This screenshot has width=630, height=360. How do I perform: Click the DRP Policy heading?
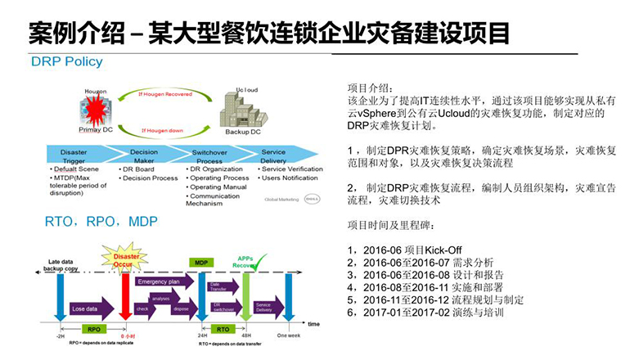point(67,62)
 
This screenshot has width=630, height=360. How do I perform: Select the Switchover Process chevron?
point(214,157)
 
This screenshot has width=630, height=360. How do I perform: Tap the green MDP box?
point(200,263)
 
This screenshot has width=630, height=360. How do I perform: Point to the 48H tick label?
point(245,335)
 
